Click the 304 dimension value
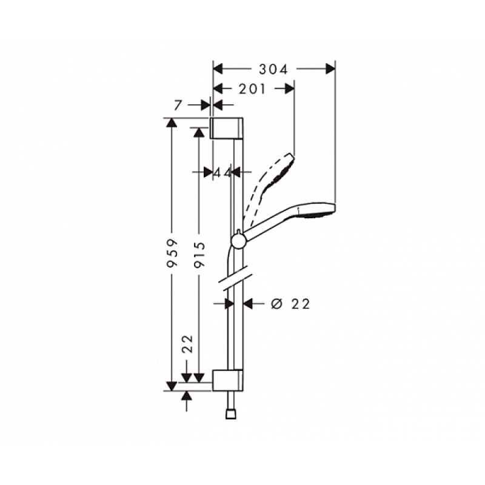click(x=273, y=69)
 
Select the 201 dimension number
click(x=252, y=89)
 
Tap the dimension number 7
click(x=178, y=105)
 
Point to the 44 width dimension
click(x=223, y=173)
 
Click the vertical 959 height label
click(x=172, y=252)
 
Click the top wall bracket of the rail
click(x=227, y=129)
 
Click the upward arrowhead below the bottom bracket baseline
click(x=187, y=396)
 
